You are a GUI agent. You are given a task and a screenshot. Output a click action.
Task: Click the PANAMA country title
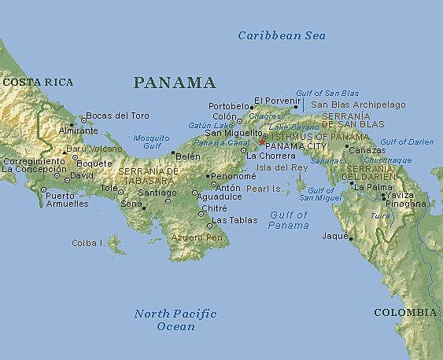[175, 83]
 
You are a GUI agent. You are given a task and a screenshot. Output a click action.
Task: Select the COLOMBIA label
[404, 312]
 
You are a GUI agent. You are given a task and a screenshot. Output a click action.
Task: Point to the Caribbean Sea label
[282, 35]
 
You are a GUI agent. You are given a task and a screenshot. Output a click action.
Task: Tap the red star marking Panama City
[261, 143]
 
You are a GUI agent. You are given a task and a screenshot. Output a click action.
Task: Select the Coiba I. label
[88, 243]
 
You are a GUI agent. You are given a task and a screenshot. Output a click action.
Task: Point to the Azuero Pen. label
[194, 236]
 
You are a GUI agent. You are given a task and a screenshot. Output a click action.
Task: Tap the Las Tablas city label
[232, 219]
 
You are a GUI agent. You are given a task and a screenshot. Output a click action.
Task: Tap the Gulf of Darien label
[407, 141]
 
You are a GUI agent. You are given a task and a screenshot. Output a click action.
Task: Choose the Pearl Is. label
[264, 189]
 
